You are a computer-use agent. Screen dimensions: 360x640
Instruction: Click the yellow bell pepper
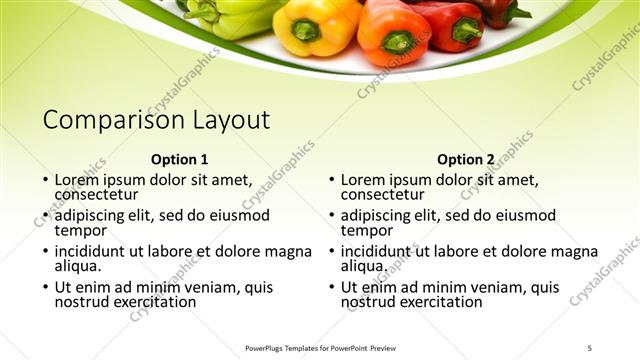tap(314, 24)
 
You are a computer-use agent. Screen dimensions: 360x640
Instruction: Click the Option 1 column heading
tap(179, 159)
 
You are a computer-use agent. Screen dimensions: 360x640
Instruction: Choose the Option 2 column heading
tap(466, 159)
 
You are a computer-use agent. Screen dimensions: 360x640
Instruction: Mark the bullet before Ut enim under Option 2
tap(331, 288)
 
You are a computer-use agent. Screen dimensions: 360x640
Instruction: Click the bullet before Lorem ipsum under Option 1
tap(45, 181)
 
